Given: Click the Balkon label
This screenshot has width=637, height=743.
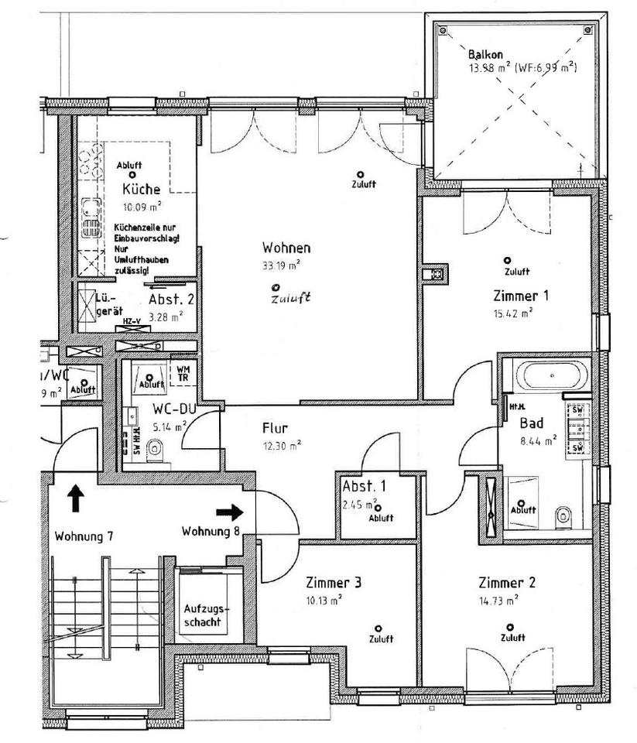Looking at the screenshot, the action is point(486,55).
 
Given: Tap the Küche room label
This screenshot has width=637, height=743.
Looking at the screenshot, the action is point(142,189).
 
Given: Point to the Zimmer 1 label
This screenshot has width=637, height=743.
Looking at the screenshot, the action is point(521,296).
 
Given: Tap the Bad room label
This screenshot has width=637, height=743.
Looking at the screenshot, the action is point(532,423).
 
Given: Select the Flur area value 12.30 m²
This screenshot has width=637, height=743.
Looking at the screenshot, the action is point(283,443).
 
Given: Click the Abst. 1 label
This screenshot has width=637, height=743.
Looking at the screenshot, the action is point(364,487).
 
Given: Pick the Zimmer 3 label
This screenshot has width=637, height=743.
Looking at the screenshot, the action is point(334,583).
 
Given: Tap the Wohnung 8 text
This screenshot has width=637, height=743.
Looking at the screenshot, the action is point(211,532).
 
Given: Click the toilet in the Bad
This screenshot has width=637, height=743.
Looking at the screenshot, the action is point(563,514).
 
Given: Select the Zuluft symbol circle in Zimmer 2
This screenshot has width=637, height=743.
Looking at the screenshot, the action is point(509,628).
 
